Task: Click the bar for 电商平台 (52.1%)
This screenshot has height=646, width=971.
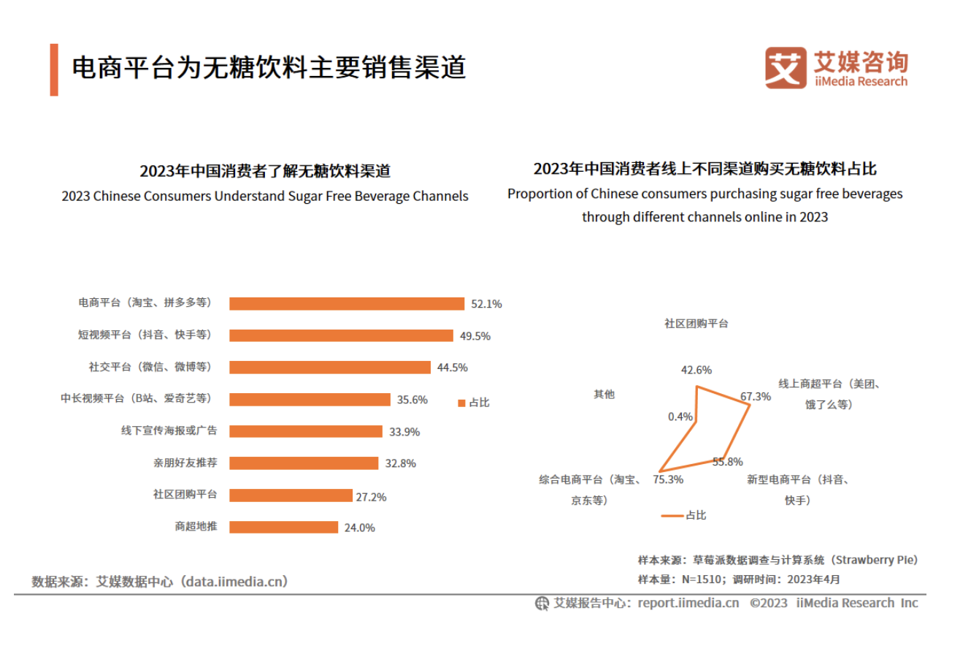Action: pos(347,303)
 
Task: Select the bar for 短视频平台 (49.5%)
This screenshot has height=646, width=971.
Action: pos(341,335)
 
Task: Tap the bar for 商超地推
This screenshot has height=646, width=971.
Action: pos(283,527)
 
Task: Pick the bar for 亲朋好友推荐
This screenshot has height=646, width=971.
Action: pos(304,463)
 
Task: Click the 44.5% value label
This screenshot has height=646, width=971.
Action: pos(452,368)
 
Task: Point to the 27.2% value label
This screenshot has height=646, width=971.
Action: pos(371,497)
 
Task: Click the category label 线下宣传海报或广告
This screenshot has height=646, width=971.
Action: pos(169,431)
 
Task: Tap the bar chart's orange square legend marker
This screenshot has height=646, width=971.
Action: pos(461,403)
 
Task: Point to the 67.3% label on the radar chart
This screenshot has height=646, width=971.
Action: pos(755,397)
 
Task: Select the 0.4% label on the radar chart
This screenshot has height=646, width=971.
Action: pos(679,417)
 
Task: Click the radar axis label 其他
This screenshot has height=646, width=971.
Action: pos(604,394)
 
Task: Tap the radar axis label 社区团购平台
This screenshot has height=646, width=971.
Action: pos(696,323)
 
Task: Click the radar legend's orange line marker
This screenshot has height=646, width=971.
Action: pos(672,515)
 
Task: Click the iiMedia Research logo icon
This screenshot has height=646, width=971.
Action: pos(786,68)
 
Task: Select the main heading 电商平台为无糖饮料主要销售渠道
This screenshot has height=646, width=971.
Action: pos(269,68)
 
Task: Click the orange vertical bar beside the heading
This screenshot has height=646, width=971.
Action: pos(54,69)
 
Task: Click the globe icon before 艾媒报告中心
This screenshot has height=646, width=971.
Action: pos(542,604)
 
